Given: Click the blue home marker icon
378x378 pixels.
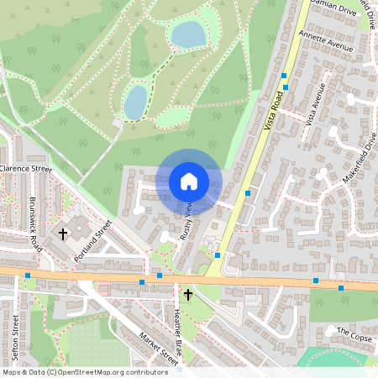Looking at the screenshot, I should (x=189, y=181).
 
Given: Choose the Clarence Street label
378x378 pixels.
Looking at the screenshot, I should (x=26, y=169).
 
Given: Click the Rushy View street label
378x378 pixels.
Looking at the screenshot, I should (x=186, y=221).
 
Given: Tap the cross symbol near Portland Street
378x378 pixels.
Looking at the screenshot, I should (x=63, y=233).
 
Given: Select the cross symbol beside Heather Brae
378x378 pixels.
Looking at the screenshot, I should (x=188, y=295).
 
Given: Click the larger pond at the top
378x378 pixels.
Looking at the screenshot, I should (x=188, y=34).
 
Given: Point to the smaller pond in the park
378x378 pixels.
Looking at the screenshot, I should (x=135, y=102).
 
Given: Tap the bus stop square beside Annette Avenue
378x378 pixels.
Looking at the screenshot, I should (x=284, y=76).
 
